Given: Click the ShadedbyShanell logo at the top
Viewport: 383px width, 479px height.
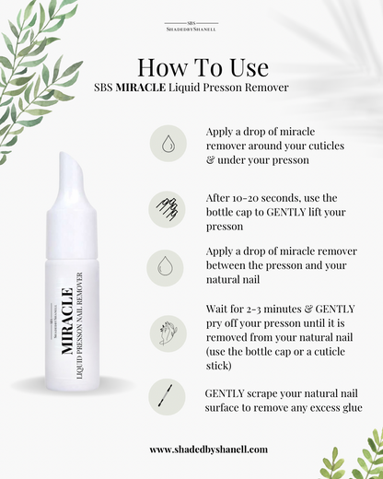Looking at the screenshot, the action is pos(191,27).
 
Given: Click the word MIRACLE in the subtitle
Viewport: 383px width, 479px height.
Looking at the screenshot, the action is pos(141,88).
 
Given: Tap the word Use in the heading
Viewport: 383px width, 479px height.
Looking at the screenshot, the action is pos(250,67).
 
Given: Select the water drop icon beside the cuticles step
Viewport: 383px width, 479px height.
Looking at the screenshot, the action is pos(168,144).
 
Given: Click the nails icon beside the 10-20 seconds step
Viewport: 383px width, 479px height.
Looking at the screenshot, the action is pos(167,209).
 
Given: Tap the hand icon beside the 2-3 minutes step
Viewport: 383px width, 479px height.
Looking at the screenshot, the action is pos(168,333).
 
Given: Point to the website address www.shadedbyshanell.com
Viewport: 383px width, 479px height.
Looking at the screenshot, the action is pos(209,450).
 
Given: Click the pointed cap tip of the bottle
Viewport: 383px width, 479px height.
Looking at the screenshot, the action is pos(64,154).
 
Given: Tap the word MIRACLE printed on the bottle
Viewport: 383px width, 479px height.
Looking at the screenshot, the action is pos(67,321).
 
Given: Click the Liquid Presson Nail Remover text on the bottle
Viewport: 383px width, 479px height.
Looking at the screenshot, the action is pos(79,325).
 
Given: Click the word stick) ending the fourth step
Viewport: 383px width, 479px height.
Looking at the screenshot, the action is pos(219,366).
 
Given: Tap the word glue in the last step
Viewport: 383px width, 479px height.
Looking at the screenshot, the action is pos(352,408).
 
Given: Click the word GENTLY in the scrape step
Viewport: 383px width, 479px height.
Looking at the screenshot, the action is pos(225,393).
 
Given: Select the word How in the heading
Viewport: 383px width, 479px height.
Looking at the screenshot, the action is pos(162,67).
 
